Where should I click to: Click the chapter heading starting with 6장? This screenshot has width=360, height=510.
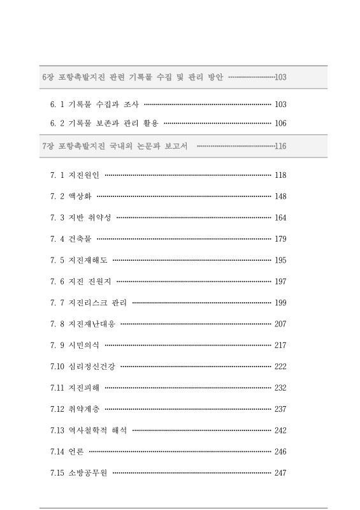[x=132, y=77]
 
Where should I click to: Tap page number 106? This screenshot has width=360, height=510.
[x=280, y=122]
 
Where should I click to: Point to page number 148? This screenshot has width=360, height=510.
[x=280, y=196]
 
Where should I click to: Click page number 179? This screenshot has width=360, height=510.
[x=280, y=239]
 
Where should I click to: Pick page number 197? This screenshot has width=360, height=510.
[x=280, y=281]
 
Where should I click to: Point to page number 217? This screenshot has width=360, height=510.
[x=280, y=345]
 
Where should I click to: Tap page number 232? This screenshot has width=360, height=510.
[x=280, y=388]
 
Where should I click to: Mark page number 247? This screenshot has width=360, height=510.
[x=280, y=472]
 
